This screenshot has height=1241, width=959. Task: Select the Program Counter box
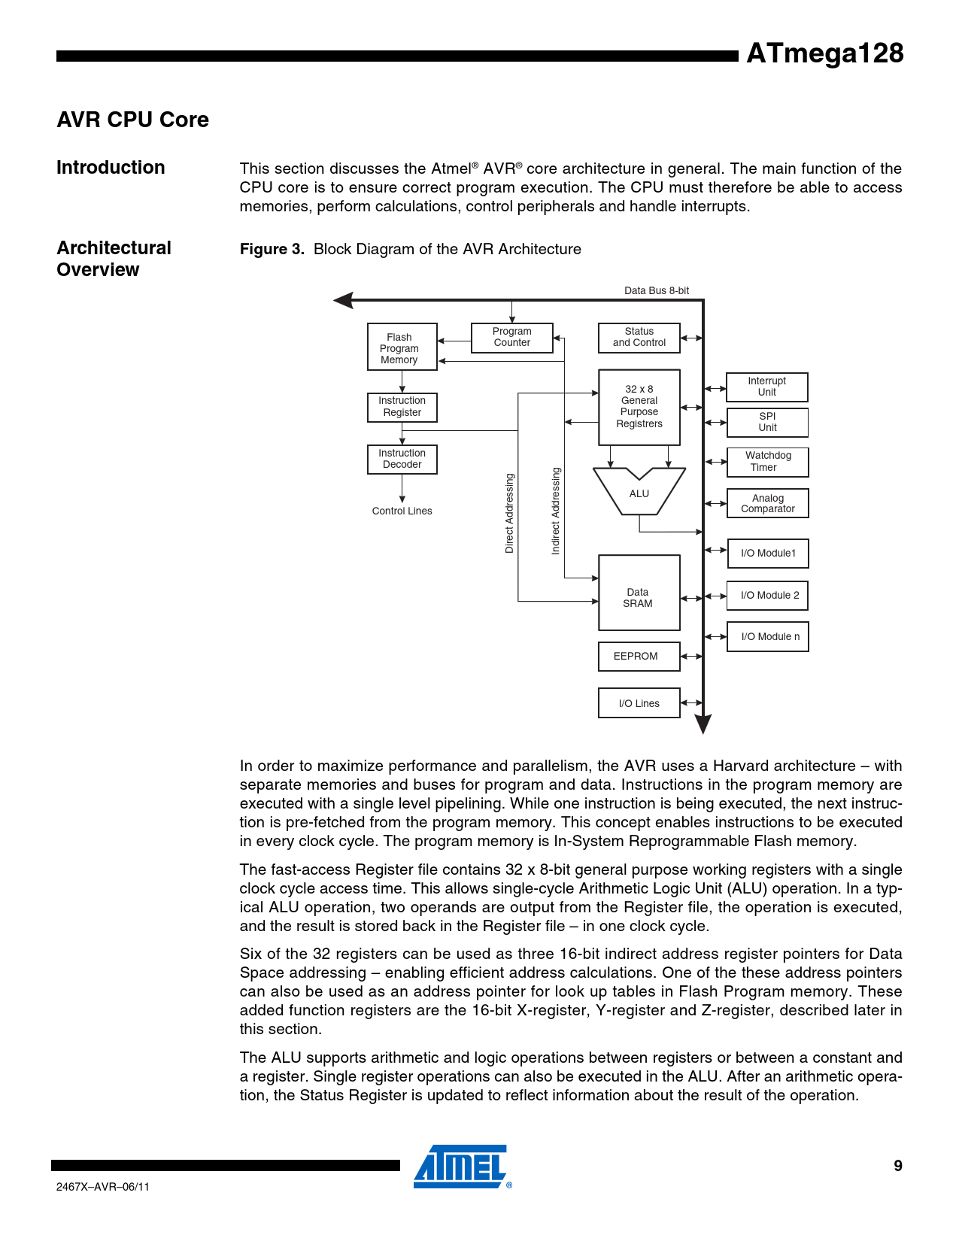point(511,337)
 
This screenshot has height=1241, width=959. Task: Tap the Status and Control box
point(639,337)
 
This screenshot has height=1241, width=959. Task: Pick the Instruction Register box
point(402,407)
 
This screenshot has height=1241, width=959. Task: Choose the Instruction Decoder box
point(402,459)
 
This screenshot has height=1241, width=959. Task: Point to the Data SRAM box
point(639,593)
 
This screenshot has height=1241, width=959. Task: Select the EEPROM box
point(639,656)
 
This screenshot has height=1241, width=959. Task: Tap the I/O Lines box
point(639,703)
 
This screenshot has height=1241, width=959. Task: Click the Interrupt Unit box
point(766,387)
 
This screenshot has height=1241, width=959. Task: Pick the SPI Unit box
point(766,422)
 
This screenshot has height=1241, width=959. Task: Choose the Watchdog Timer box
point(767,462)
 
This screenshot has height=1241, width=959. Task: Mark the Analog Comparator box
point(767,503)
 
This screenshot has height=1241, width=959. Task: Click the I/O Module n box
point(767,636)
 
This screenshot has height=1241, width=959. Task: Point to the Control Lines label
point(402,511)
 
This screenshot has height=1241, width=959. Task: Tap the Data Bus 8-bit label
point(656,291)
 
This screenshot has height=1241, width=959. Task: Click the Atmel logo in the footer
point(461,1167)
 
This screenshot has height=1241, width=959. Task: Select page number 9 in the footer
point(897,1166)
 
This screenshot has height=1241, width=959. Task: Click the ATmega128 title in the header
point(824,54)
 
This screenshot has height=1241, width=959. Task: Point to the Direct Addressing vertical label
point(509,513)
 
